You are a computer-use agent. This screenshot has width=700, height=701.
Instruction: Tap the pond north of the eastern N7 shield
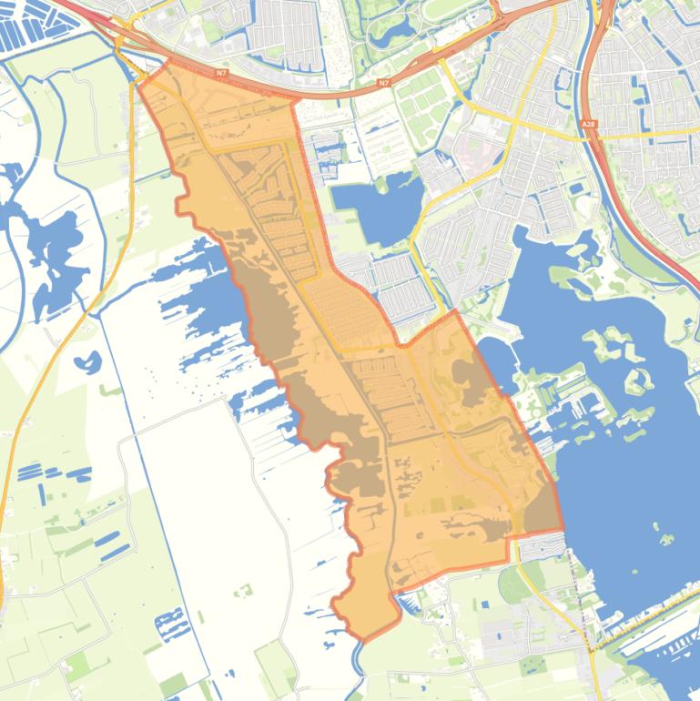click(x=394, y=35)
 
